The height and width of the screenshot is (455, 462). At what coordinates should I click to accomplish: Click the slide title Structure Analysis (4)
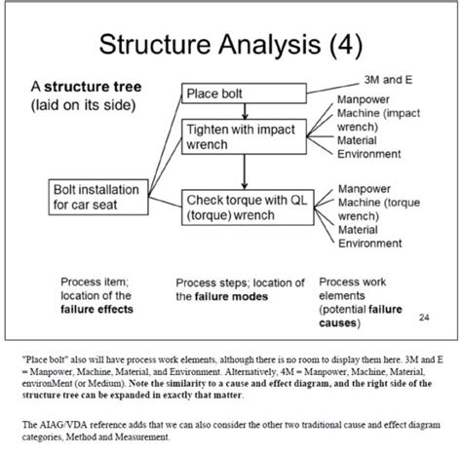(x=231, y=44)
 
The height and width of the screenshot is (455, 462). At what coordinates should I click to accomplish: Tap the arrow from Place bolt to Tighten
(x=247, y=111)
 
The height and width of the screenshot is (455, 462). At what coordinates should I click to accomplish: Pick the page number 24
(x=423, y=316)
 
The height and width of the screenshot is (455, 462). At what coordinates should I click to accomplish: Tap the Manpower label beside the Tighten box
(x=365, y=100)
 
